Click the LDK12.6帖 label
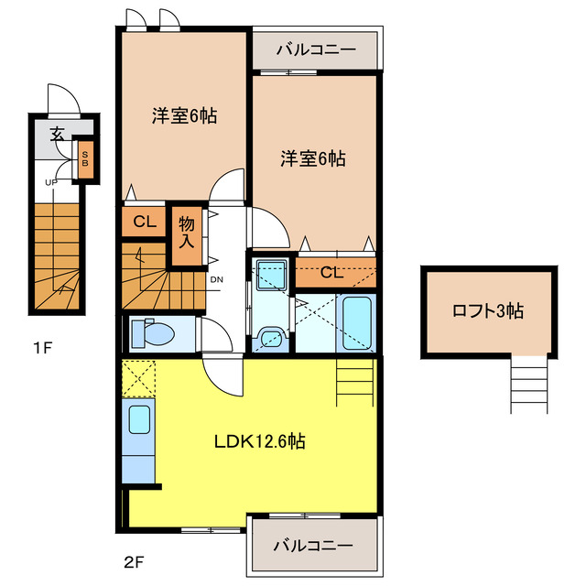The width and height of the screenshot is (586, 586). (x=260, y=442)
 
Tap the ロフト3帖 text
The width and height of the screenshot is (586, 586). (x=488, y=311)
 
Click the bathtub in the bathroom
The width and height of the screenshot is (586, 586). (x=354, y=323)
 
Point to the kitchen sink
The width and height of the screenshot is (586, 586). (x=139, y=420)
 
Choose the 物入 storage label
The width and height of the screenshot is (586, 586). (x=187, y=233)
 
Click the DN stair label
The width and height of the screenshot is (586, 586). (x=217, y=279)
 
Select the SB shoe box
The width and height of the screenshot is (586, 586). (x=85, y=161)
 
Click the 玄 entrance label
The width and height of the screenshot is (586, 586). (x=57, y=135)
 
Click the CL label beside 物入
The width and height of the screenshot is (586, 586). (x=144, y=222)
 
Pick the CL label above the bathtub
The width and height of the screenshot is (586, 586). (x=331, y=271)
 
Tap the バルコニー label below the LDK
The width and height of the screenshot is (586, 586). (x=313, y=545)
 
